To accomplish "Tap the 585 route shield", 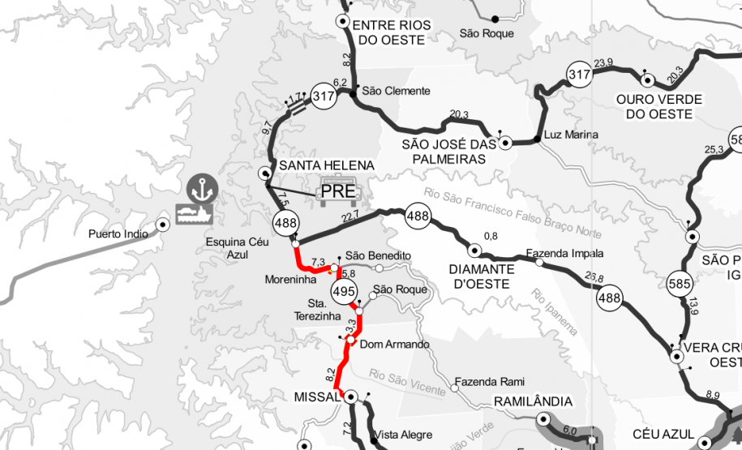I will coord(680,285).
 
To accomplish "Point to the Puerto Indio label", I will coord(119,234).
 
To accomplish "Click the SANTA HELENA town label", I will coord(326,165).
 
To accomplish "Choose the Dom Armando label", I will coord(393,345).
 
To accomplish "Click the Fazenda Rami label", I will coord(490,381).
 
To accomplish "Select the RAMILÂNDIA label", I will coord(533,402).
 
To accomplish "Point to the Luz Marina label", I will coord(571,135).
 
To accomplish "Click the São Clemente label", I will coord(396,91).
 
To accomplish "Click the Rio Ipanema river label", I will coord(555,312).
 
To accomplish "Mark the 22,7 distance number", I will coord(350,216).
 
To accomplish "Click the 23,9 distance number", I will coord(603,63).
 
